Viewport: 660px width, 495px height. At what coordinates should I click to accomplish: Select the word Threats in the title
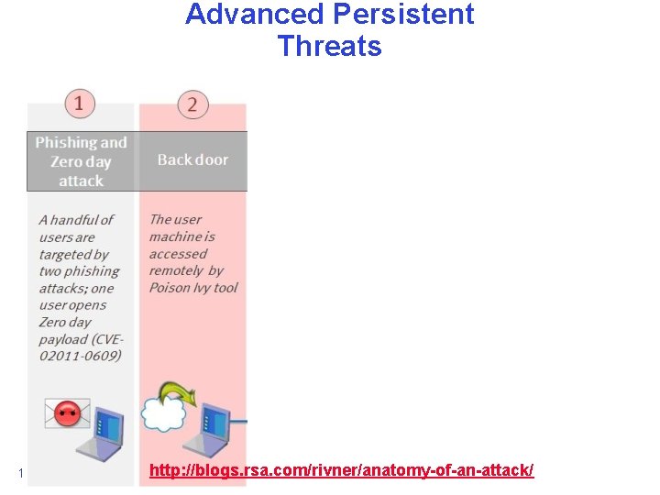(329, 46)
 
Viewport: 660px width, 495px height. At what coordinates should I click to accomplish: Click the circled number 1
(80, 103)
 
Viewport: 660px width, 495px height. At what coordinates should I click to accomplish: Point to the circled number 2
(192, 104)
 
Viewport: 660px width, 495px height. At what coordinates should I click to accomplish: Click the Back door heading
(192, 159)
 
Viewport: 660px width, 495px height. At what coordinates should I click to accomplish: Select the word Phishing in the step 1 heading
(67, 142)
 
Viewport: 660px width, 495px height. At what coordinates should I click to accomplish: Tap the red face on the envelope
(68, 413)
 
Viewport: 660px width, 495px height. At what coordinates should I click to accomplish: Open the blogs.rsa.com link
(341, 470)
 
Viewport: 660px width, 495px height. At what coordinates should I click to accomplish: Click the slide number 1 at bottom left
(20, 473)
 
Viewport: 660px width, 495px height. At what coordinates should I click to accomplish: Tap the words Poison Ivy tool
(193, 288)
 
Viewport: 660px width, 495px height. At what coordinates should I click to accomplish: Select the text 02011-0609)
(80, 356)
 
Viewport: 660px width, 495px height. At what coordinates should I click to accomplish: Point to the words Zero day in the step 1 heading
(81, 161)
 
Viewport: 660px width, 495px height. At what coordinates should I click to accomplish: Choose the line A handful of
(76, 220)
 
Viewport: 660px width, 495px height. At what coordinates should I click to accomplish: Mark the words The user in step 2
(175, 219)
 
